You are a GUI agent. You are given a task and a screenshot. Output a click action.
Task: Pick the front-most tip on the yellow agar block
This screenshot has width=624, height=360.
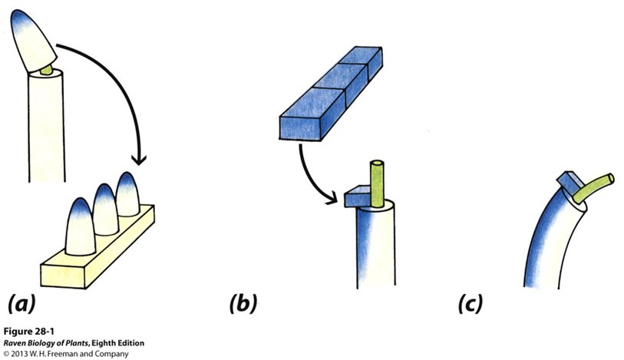click(x=79, y=226)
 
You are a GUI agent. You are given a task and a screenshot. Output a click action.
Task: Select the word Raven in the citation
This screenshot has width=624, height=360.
click(x=15, y=342)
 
